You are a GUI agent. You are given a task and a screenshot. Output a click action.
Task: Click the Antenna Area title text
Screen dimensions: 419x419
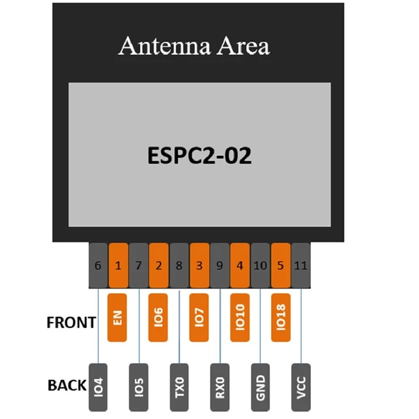(194, 46)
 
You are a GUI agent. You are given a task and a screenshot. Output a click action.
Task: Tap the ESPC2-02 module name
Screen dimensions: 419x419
(198, 156)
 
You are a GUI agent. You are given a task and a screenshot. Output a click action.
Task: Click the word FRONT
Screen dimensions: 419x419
(71, 323)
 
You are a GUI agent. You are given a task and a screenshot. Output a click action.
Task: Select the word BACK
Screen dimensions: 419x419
(67, 386)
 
